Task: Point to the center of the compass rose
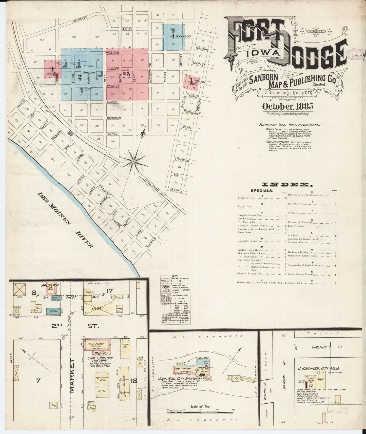(134, 161)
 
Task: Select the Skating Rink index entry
(300, 283)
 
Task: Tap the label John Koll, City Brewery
(180, 379)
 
